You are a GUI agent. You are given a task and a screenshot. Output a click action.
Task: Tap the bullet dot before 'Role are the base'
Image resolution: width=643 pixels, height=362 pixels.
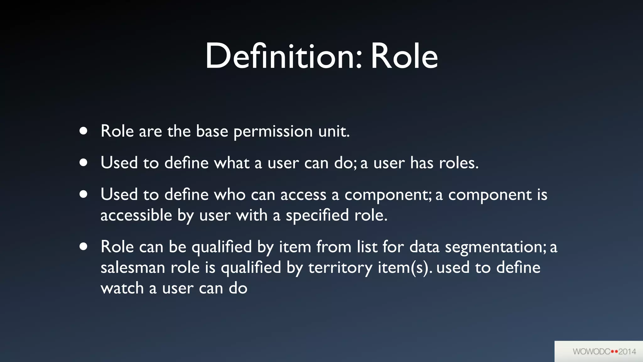pyautogui.click(x=83, y=131)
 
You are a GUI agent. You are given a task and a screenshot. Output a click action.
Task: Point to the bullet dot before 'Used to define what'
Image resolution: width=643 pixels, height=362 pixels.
pyautogui.click(x=83, y=162)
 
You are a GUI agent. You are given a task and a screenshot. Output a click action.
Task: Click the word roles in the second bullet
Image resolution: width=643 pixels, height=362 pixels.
pyautogui.click(x=458, y=163)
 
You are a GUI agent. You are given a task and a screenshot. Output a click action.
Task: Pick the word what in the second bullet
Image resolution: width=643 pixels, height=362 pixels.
pyautogui.click(x=232, y=163)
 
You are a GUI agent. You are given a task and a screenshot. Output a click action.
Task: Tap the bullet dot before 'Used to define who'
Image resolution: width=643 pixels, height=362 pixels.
pyautogui.click(x=83, y=194)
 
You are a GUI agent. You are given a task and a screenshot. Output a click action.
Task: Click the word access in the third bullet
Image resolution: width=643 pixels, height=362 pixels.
pyautogui.click(x=303, y=195)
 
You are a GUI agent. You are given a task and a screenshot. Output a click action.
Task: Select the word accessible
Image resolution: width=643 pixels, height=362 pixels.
pyautogui.click(x=136, y=216)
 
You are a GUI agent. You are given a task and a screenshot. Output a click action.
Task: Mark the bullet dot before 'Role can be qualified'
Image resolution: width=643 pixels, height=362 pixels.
pyautogui.click(x=83, y=246)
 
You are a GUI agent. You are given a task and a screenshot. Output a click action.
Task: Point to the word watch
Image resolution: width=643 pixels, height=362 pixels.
pyautogui.click(x=122, y=288)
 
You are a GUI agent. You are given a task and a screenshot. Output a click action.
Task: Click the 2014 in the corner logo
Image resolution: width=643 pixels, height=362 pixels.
pyautogui.click(x=627, y=351)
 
